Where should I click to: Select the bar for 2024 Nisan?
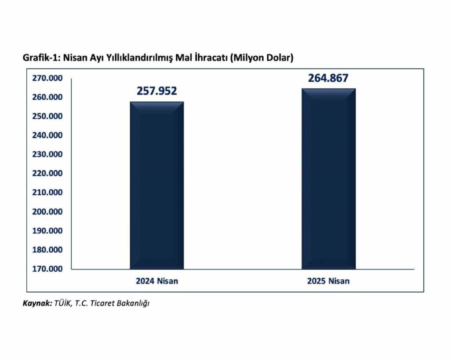[157, 185]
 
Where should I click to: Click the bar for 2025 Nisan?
[328, 178]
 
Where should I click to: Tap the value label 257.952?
[157, 91]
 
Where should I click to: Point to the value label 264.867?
[328, 78]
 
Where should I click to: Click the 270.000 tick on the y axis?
[47, 78]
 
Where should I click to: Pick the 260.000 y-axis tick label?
[47, 97]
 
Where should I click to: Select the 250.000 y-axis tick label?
[47, 116]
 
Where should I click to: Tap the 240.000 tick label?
[47, 135]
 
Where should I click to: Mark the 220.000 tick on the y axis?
[47, 173]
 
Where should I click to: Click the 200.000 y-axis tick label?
[47, 211]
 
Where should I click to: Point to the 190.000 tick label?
[47, 230]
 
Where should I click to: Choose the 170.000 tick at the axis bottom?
[47, 269]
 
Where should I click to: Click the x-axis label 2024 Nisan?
[157, 281]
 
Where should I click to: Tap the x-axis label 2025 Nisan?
[328, 281]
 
